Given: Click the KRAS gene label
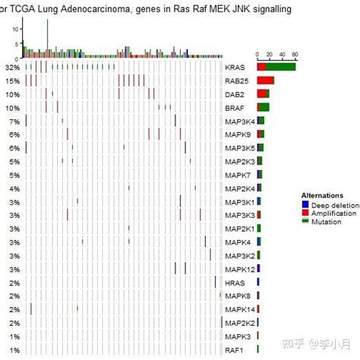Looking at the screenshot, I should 234,68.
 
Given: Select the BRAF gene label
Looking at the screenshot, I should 235,108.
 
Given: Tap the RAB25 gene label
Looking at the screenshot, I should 236,81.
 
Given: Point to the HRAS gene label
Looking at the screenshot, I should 235,283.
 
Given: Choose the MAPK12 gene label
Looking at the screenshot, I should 240,269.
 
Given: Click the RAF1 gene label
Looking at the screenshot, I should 235,350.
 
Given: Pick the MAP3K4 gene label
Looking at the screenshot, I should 240,122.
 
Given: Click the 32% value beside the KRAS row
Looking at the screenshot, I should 12,68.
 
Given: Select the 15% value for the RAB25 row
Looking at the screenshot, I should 12,81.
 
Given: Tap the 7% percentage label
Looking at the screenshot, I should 14,122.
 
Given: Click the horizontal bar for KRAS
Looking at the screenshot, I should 276,68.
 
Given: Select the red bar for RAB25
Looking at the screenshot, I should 266,81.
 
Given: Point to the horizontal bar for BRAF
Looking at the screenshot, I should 264,108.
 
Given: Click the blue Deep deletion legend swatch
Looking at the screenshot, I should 305,204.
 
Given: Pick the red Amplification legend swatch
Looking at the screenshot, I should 305,213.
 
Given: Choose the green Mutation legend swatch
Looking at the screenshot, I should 305,221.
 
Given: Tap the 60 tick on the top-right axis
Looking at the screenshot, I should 294,55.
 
